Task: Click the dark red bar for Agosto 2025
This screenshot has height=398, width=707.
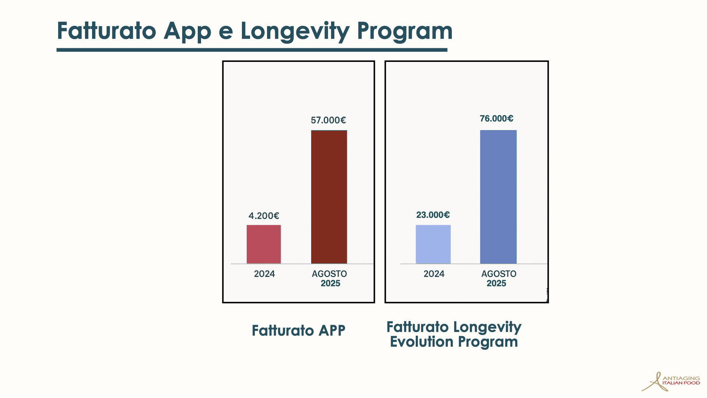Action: point(329,197)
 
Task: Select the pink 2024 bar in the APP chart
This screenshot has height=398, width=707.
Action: point(264,244)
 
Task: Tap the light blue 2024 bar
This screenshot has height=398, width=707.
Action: point(433,244)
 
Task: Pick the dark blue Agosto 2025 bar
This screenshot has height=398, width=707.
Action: point(498,197)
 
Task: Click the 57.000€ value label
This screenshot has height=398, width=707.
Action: point(328,120)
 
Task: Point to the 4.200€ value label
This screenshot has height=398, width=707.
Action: point(264,216)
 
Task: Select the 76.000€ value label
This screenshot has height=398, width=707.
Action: point(496,119)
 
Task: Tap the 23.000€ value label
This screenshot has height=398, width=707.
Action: point(433,215)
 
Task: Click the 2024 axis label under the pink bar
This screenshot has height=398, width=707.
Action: point(264,274)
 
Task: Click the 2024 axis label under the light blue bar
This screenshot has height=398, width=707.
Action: point(434,274)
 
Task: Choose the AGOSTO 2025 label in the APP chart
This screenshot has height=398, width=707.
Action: point(330,279)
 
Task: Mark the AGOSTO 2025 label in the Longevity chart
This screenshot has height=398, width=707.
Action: point(499,279)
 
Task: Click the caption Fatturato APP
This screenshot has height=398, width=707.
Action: point(298,331)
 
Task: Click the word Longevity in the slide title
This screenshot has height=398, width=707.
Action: point(295,31)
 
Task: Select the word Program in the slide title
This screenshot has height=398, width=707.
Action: point(404,31)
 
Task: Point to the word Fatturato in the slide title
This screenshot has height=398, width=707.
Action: point(106,31)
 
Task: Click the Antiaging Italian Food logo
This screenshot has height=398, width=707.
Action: point(671,381)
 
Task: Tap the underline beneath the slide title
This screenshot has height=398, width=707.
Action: point(252,50)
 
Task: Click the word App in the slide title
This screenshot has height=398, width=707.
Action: point(187,31)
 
